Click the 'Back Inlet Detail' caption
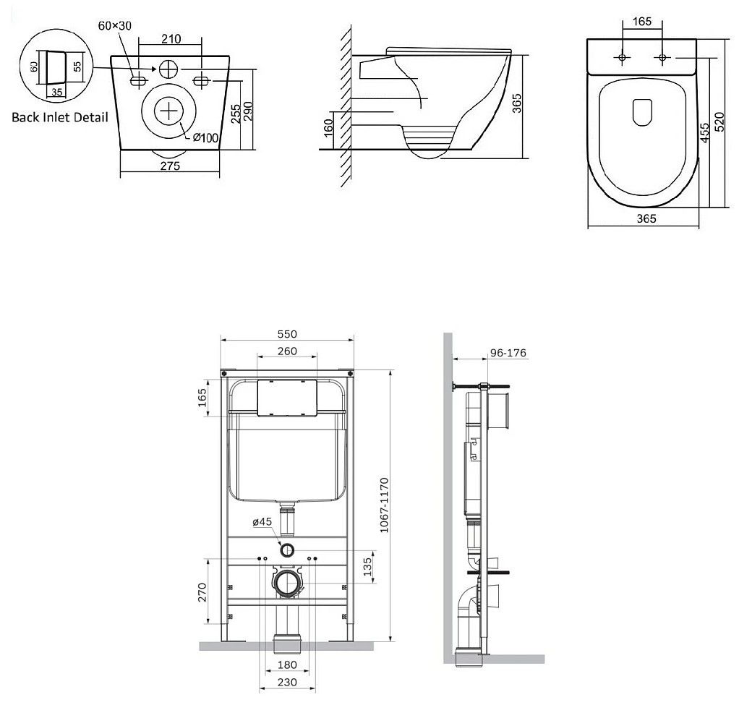pos(60,117)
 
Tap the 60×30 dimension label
pos(114,25)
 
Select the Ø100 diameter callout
pos(205,138)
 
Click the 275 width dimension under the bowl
pos(170,166)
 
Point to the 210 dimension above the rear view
pos(171,38)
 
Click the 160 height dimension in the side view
pos(328,127)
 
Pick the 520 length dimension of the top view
pos(719,122)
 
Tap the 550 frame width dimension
pos(287,334)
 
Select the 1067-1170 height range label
pos(384,505)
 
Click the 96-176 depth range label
pos(508,353)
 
